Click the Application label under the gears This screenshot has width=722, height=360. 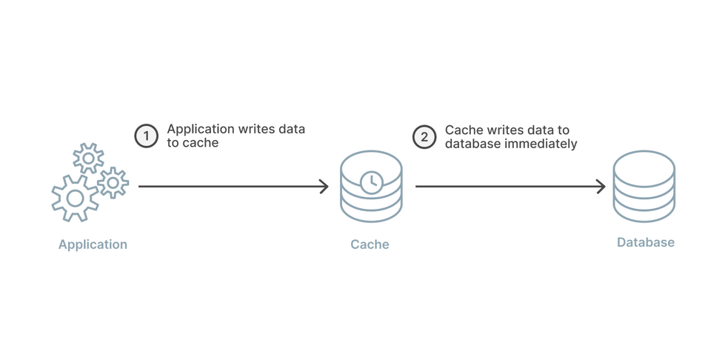93,244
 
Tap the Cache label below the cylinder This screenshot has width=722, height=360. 370,244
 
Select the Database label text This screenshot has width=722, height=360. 646,243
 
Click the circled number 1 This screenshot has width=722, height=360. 147,136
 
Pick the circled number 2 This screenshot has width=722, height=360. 424,136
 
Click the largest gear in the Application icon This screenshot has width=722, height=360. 75,198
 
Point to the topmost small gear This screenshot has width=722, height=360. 88,158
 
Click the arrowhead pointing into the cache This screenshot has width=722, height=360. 324,187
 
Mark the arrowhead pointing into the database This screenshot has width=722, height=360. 601,187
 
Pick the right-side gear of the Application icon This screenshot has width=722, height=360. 113,182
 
